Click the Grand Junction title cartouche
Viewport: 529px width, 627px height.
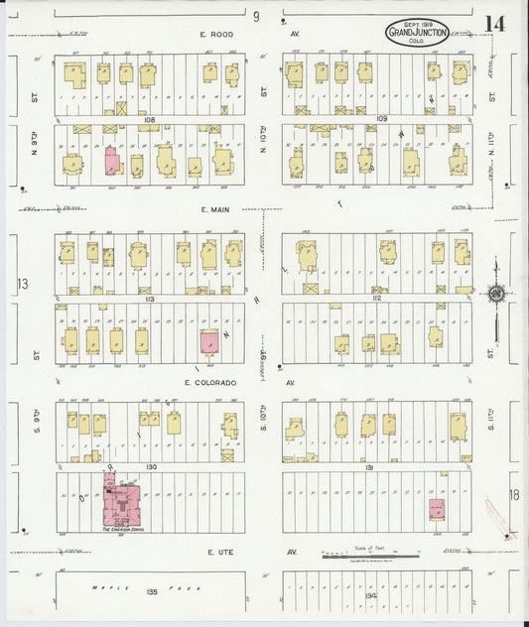(417, 32)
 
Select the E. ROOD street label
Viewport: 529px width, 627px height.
(215, 35)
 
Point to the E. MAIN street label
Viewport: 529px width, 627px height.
(215, 209)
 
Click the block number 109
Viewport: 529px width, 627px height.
(382, 118)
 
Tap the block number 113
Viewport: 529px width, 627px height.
(151, 298)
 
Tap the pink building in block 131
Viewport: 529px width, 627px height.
(435, 509)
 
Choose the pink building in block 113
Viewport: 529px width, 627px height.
(209, 342)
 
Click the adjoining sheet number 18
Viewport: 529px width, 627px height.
(514, 495)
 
